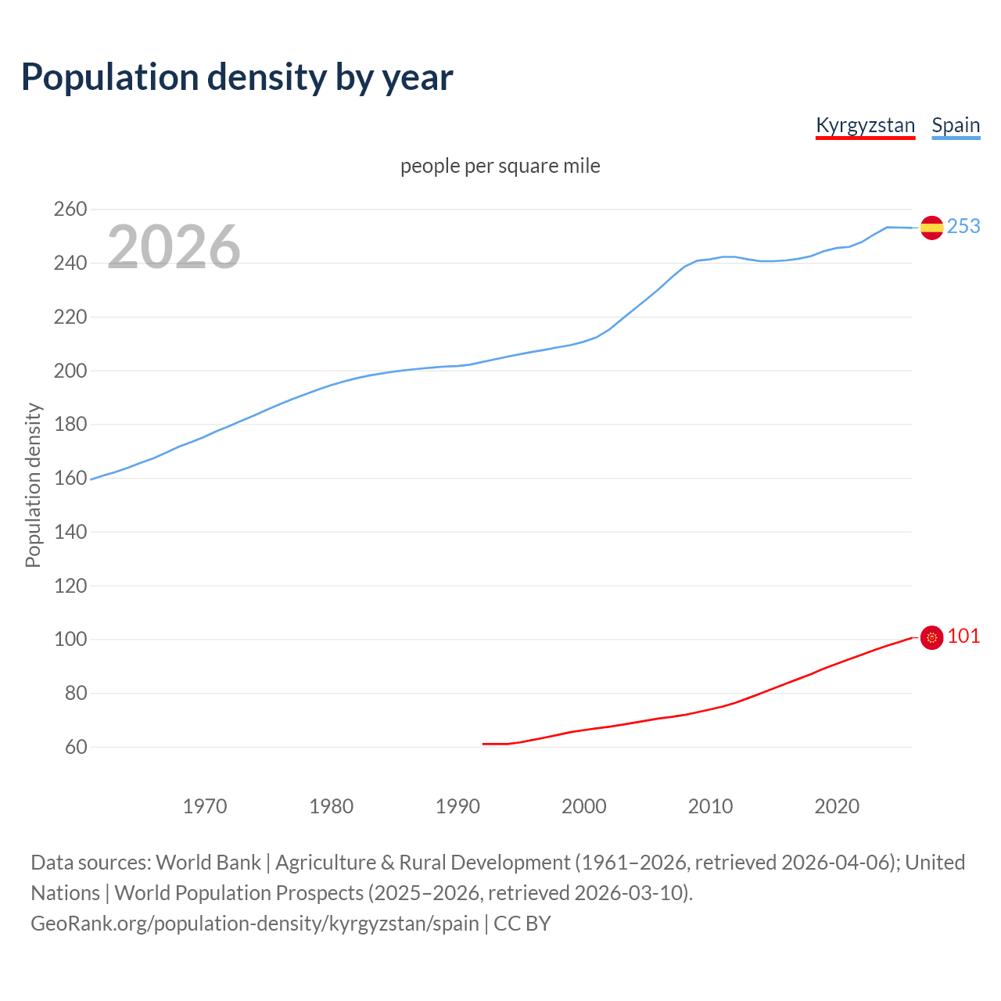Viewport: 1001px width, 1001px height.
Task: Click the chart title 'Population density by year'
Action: (237, 77)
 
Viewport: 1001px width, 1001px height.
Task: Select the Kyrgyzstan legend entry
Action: (865, 125)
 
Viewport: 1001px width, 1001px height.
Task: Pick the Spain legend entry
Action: (956, 125)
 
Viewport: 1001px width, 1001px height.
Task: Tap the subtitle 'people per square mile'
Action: (500, 166)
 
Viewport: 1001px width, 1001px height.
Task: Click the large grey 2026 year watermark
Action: (174, 247)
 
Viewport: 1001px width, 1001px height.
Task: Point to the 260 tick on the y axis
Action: (70, 209)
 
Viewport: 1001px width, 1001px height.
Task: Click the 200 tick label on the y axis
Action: (70, 371)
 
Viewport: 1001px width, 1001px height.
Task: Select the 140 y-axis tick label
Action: (70, 532)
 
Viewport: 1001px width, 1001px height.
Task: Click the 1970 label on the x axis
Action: (205, 805)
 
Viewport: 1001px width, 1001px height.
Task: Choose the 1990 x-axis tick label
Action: (457, 805)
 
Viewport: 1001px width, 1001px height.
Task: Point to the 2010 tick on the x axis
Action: (710, 805)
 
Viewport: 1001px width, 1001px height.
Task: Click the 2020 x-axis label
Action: (837, 805)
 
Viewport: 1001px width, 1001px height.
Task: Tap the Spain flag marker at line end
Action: (931, 228)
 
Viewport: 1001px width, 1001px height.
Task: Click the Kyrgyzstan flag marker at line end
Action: (931, 638)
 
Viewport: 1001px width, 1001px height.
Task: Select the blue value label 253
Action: (963, 226)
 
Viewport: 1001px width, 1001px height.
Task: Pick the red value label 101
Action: (963, 636)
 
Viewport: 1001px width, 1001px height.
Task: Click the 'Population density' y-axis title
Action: (33, 485)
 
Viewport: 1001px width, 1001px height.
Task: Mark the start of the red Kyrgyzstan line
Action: (483, 744)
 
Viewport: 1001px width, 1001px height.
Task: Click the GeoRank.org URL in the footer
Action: (255, 923)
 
